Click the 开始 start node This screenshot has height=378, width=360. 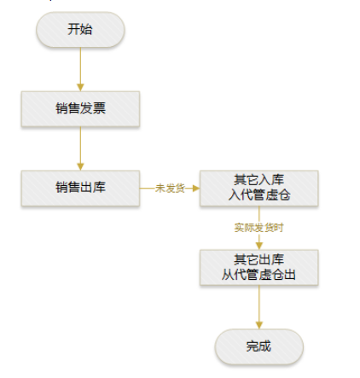click(80, 30)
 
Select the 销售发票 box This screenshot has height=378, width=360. click(80, 108)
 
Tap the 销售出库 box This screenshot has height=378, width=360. click(80, 188)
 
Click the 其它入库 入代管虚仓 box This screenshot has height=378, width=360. click(259, 188)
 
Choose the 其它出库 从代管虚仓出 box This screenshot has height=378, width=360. click(259, 267)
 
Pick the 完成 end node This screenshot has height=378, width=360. click(259, 346)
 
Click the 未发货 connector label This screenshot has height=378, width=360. click(170, 189)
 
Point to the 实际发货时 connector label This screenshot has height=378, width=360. click(258, 228)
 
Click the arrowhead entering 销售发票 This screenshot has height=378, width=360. click(80, 88)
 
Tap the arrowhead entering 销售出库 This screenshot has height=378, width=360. click(80, 166)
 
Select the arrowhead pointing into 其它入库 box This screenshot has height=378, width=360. click(196, 188)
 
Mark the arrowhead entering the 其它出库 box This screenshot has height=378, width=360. click(259, 246)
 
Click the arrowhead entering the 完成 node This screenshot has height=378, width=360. click(259, 325)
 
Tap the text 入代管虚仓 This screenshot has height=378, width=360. click(259, 195)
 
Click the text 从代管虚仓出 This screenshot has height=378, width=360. click(258, 275)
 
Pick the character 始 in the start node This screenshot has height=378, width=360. click(86, 29)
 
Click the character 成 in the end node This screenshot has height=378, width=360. click(264, 346)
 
